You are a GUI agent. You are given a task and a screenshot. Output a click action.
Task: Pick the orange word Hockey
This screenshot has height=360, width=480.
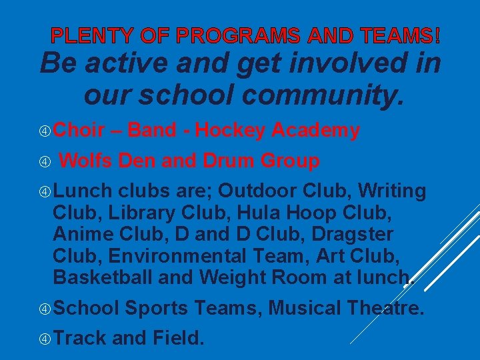[230, 131]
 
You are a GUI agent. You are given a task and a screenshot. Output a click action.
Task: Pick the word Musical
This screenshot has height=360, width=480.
[304, 308]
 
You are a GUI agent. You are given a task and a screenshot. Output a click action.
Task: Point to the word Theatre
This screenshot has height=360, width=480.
[385, 308]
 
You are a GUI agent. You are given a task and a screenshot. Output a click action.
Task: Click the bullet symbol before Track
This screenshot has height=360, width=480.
[44, 338]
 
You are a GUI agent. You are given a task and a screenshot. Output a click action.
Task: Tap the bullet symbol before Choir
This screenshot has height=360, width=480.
[44, 131]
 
